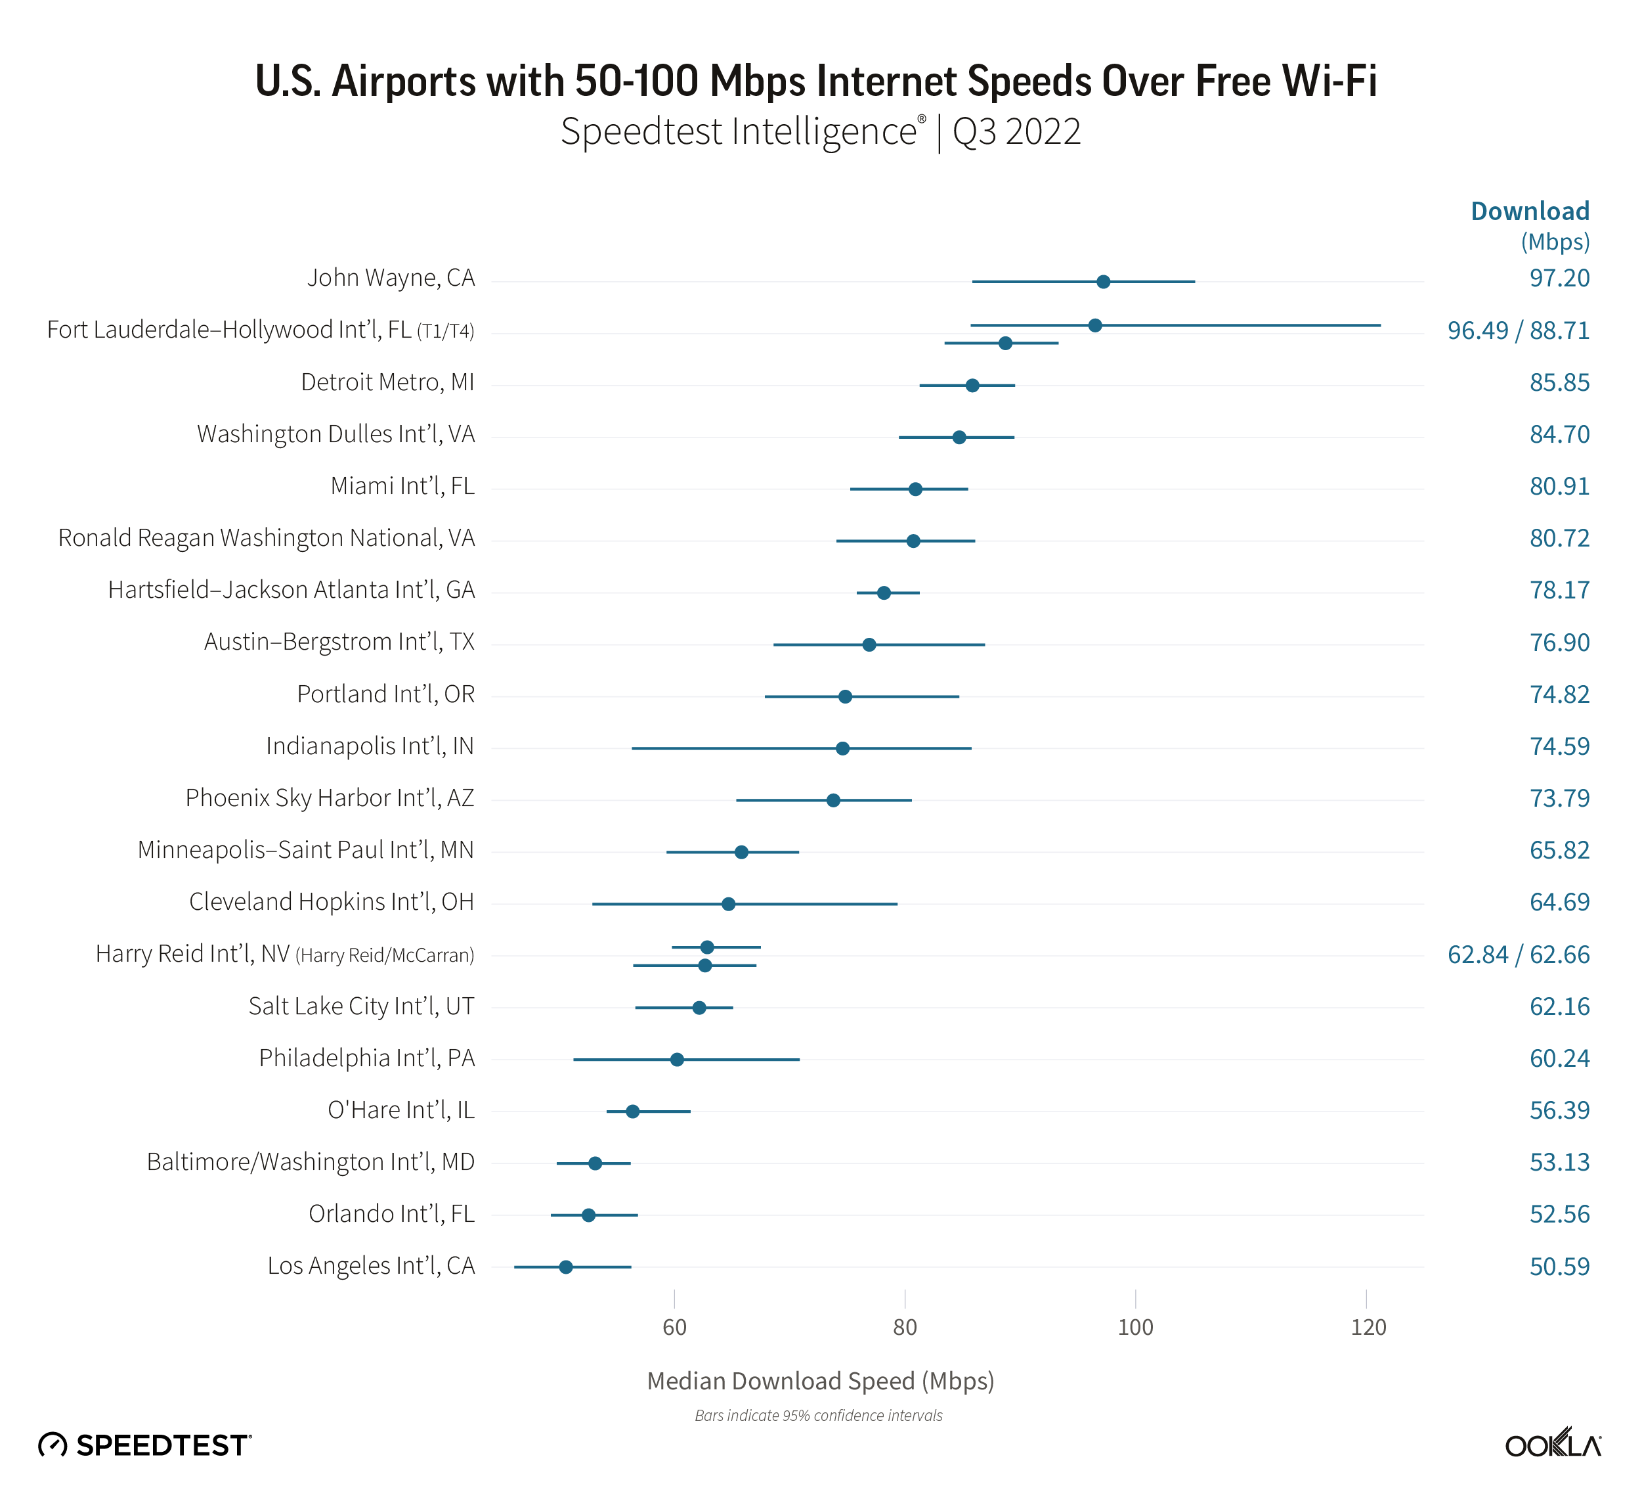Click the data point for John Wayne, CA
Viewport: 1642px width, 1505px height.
(1103, 282)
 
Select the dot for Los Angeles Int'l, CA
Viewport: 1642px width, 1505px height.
(565, 1267)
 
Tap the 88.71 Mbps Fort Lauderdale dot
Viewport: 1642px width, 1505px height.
(1005, 343)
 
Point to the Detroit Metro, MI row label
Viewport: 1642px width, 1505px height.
(388, 382)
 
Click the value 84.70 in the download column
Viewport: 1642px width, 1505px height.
(1559, 434)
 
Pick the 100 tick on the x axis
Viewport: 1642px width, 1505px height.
(1135, 1328)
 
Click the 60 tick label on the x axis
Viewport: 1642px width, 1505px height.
(674, 1328)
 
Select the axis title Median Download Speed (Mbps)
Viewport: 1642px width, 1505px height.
(820, 1381)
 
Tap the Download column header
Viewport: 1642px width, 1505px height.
(1530, 211)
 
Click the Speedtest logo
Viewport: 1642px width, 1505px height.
(145, 1445)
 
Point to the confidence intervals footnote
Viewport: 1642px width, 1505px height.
(819, 1416)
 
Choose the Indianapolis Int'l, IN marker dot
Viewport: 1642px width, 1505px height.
(842, 748)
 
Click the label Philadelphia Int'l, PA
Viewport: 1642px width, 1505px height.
(366, 1058)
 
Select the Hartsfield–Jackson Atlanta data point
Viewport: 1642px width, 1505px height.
(884, 593)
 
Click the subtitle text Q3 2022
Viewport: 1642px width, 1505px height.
(1016, 132)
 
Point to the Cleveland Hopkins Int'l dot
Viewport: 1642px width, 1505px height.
(728, 904)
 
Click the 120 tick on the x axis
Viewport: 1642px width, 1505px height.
(1368, 1328)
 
